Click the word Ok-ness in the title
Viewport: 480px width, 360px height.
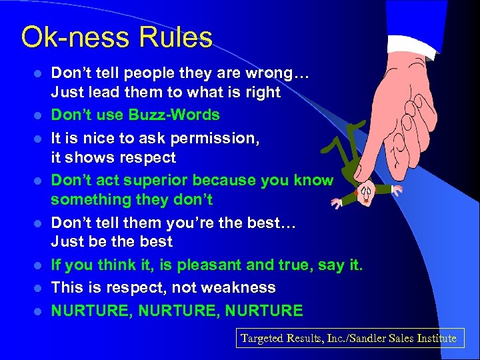click(x=75, y=37)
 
